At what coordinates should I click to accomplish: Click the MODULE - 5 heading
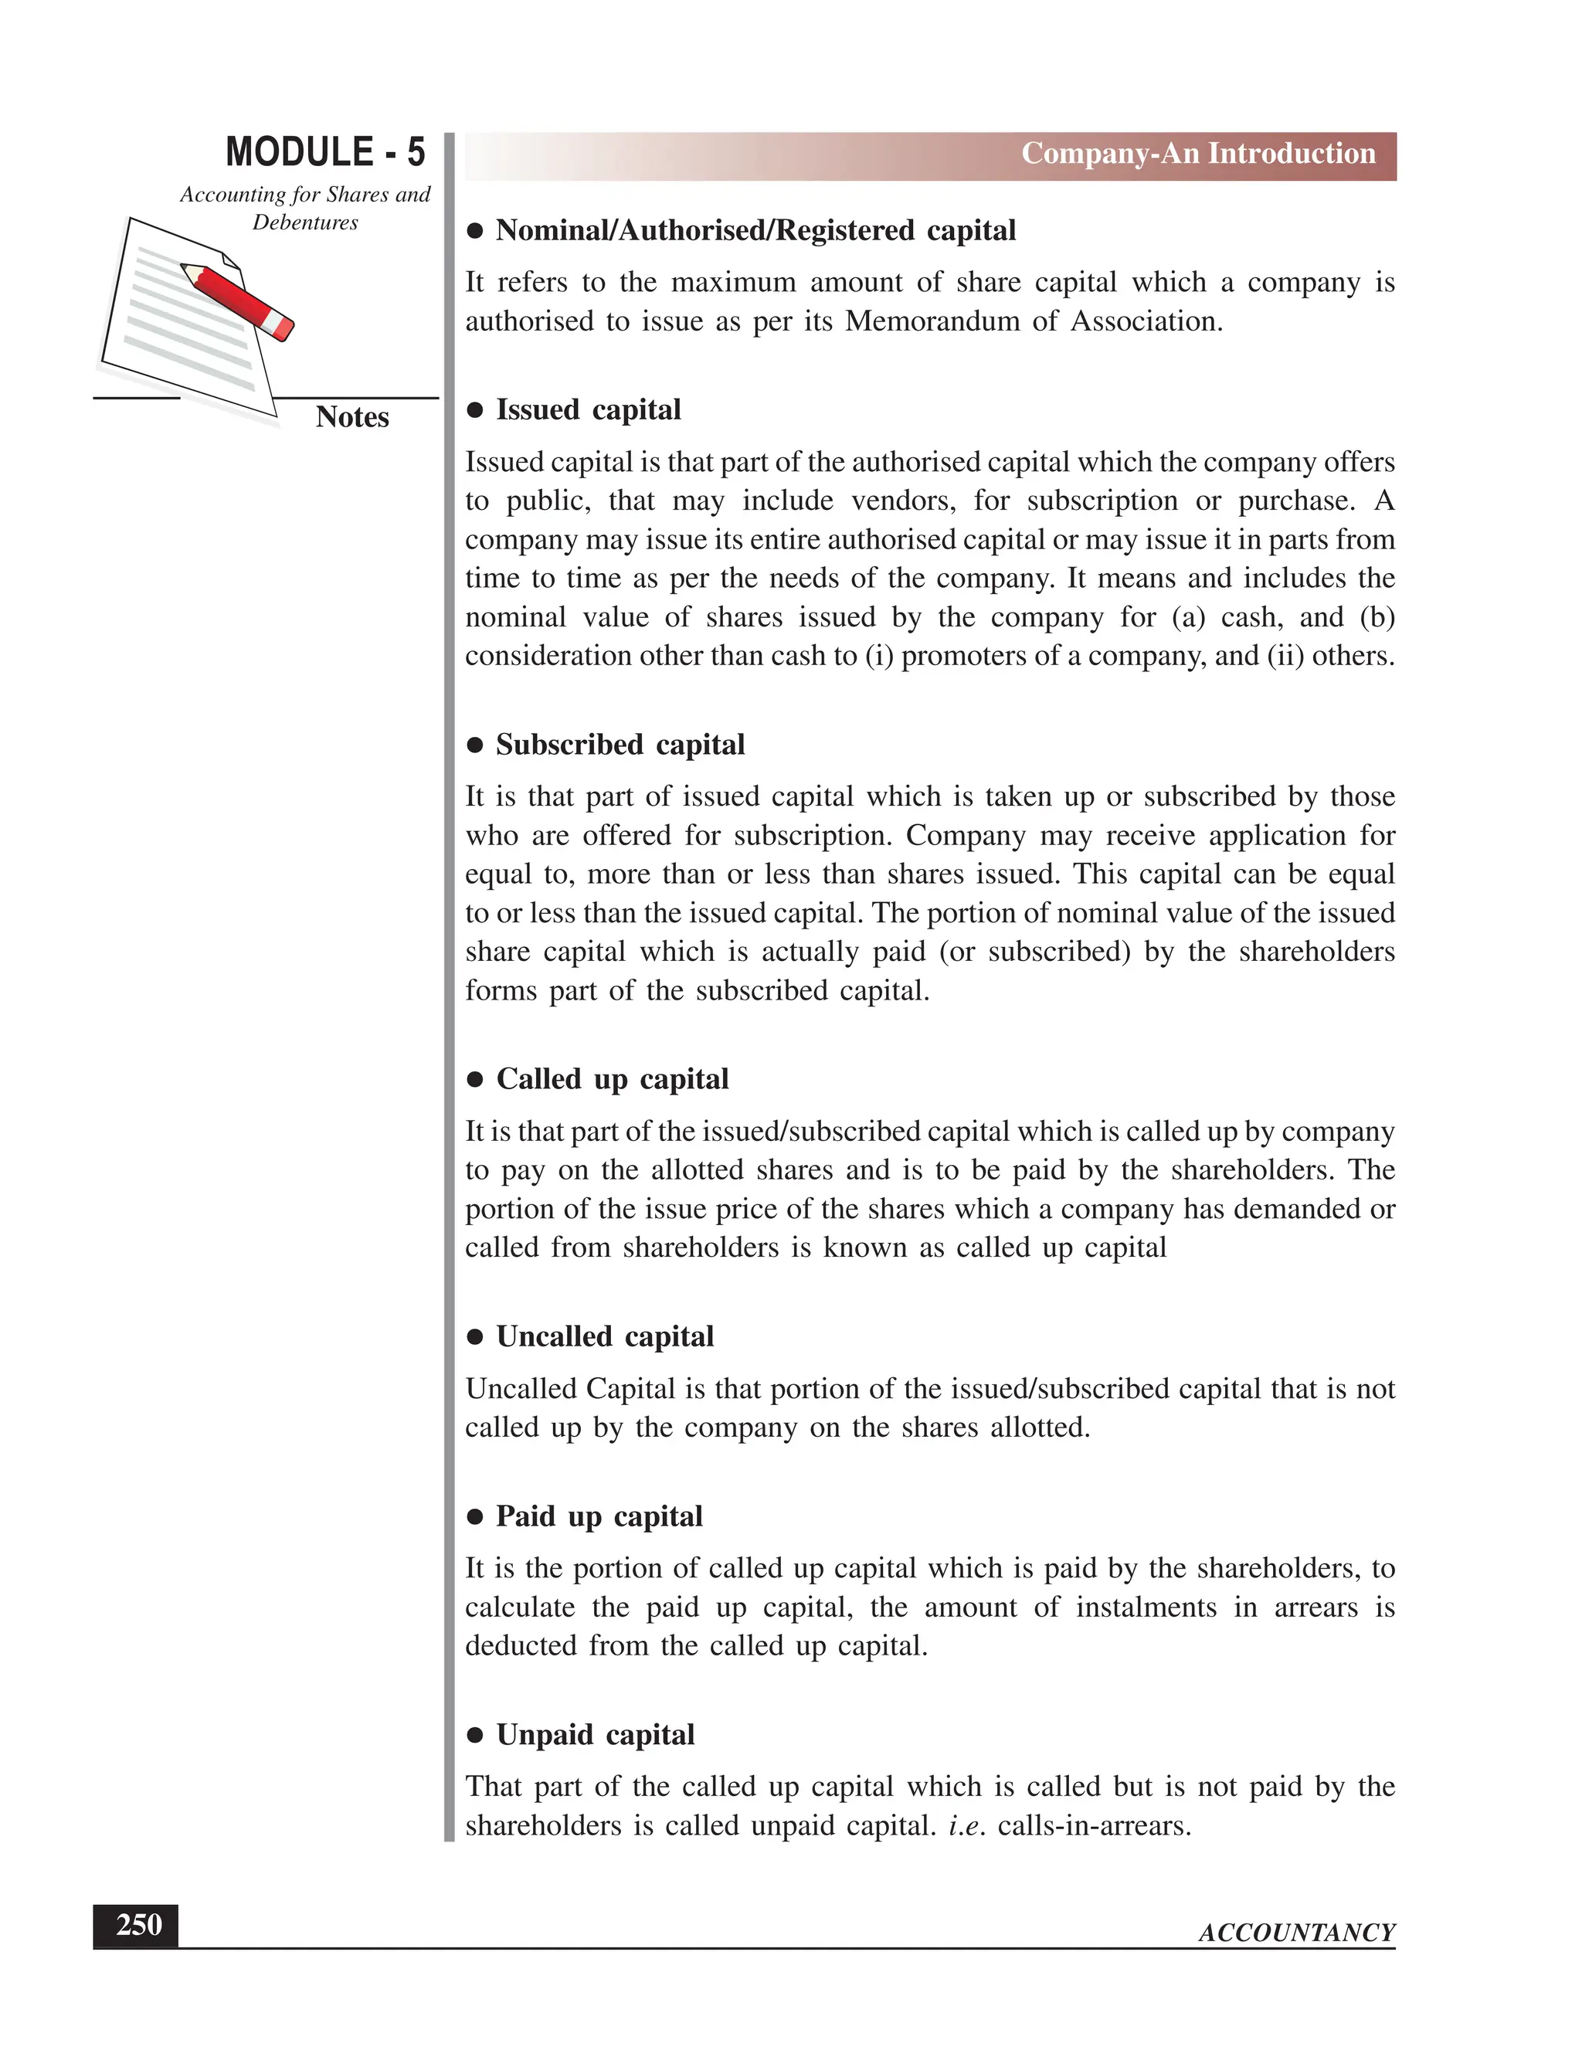click(x=325, y=153)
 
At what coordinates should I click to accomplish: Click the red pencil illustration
click(x=238, y=300)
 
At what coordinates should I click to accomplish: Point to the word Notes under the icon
click(x=352, y=417)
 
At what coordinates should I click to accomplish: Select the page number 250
click(x=137, y=1925)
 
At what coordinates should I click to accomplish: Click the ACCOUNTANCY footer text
click(x=1296, y=1933)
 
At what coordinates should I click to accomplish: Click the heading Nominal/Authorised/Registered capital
click(x=755, y=230)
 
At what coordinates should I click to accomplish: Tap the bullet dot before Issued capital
click(x=476, y=410)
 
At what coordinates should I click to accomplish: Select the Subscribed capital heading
click(x=620, y=745)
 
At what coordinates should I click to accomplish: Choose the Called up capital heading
click(x=612, y=1080)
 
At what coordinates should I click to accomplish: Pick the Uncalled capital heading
click(x=605, y=1337)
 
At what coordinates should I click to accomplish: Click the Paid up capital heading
click(x=599, y=1516)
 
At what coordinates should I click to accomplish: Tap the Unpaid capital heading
click(x=595, y=1735)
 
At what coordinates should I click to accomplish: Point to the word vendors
click(x=902, y=501)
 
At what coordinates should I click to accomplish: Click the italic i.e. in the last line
click(x=966, y=1827)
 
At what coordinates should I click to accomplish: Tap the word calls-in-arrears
click(x=1094, y=1827)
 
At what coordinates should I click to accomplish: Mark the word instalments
click(x=1146, y=1608)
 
